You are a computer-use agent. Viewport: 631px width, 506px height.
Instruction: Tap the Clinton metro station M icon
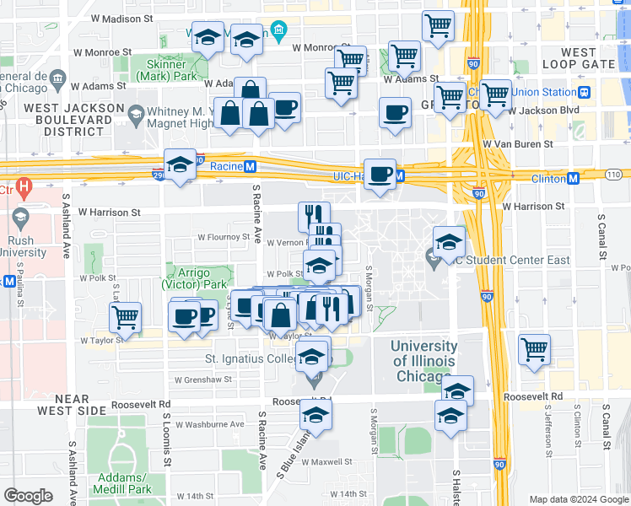point(573,178)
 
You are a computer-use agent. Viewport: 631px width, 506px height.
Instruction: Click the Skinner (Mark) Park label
point(172,70)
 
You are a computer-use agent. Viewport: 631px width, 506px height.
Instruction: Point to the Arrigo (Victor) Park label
point(201,278)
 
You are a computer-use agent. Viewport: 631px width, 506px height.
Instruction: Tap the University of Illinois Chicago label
point(424,361)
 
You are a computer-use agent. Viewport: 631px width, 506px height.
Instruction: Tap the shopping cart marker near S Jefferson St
point(535,347)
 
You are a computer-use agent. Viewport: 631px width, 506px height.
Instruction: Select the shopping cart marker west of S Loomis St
point(125,317)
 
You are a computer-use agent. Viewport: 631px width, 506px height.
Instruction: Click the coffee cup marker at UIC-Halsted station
point(380,174)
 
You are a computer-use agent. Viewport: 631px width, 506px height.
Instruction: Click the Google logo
point(28,496)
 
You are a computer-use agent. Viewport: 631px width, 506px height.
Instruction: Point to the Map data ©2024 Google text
point(578,499)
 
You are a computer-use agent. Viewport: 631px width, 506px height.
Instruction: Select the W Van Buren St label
point(519,143)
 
